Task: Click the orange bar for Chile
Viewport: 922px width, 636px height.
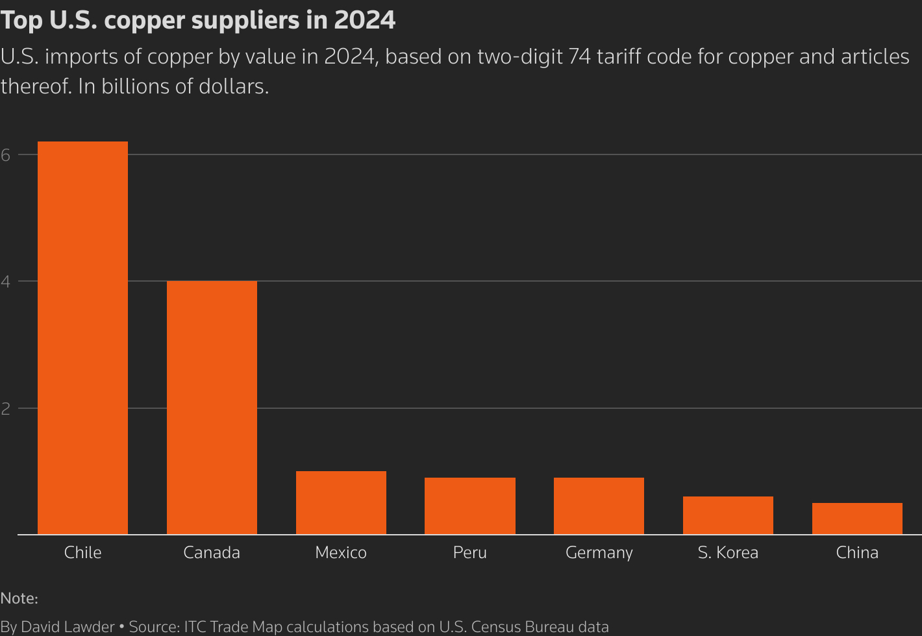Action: [82, 337]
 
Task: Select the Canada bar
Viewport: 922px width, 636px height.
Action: [212, 408]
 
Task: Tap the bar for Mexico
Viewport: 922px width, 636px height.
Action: [341, 503]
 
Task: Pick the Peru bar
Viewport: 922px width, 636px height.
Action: [470, 506]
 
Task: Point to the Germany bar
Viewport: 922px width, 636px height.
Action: [599, 506]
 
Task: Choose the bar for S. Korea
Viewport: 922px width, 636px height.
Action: [728, 515]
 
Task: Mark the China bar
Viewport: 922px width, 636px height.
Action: [857, 519]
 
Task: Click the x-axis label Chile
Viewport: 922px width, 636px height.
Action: [82, 552]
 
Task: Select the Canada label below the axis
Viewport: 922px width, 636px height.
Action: [212, 552]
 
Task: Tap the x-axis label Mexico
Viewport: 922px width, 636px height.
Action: [341, 552]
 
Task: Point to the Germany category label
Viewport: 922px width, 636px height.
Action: [599, 553]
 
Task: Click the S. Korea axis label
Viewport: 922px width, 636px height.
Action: [728, 552]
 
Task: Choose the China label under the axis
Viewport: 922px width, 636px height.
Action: [857, 552]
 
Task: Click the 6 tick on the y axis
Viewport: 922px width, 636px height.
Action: [5, 154]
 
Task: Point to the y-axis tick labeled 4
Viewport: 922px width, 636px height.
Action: [5, 282]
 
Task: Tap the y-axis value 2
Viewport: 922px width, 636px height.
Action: [5, 409]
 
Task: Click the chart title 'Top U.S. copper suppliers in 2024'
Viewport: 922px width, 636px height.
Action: [198, 21]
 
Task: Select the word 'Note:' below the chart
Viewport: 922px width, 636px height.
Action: [19, 598]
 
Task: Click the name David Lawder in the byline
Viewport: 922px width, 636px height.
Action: [68, 627]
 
